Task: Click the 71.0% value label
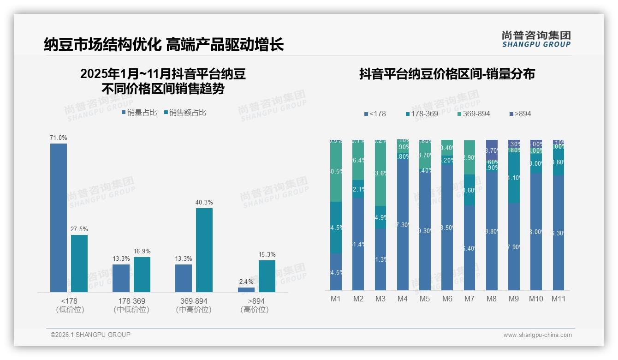[x=59, y=138]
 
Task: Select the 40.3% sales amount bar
[x=204, y=250]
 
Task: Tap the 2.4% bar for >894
[x=246, y=289]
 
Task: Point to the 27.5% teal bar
[x=79, y=263]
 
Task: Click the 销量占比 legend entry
[x=139, y=113]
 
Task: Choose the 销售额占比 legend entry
[x=185, y=113]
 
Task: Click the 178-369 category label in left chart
[x=131, y=301]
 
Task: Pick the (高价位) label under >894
[x=255, y=310]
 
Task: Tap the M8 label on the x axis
[x=492, y=299]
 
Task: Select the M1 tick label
[x=336, y=299]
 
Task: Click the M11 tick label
[x=559, y=299]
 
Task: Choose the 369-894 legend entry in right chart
[x=474, y=114]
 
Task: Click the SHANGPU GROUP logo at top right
[x=536, y=39]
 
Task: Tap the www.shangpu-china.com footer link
[x=537, y=335]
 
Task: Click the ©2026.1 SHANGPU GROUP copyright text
[x=91, y=335]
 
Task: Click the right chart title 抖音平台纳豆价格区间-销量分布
[x=447, y=74]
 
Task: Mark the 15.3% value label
[x=267, y=254]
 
